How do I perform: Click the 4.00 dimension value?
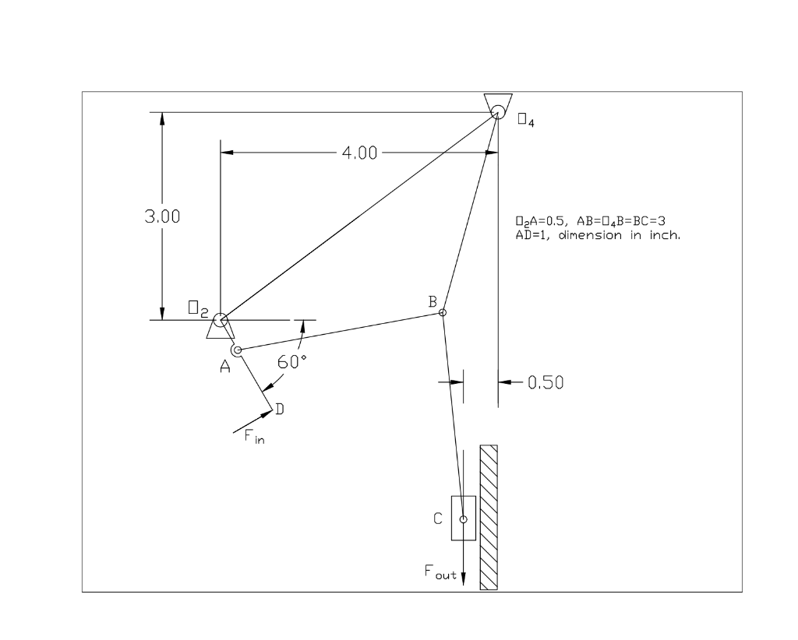[x=358, y=153]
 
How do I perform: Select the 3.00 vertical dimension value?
[x=162, y=216]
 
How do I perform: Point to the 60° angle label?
[x=293, y=361]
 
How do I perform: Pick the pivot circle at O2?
[x=221, y=319]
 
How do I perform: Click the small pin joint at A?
[x=238, y=351]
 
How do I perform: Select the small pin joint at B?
[x=443, y=312]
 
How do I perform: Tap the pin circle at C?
[x=463, y=519]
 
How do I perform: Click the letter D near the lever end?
[x=278, y=411]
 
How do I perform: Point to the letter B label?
[x=432, y=301]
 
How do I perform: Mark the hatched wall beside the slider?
[x=489, y=517]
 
